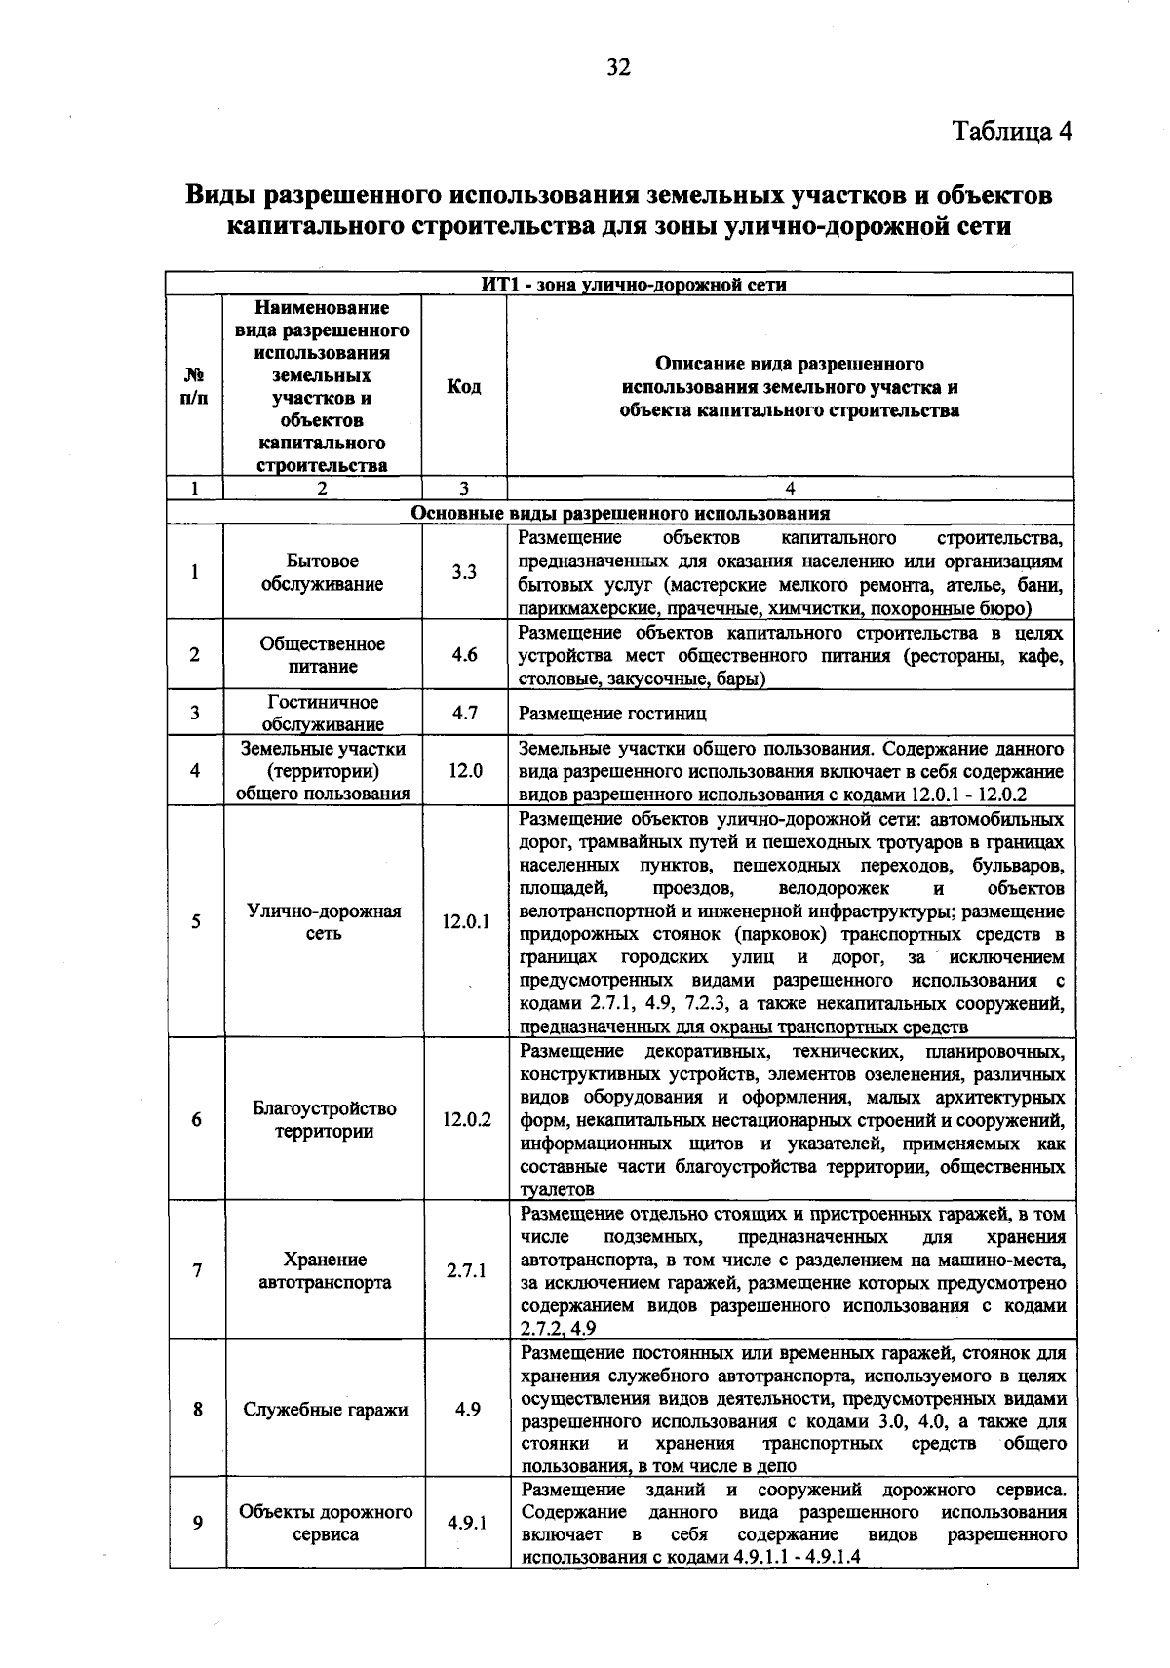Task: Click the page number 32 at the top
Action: tap(619, 67)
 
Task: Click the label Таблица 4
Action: tap(1012, 133)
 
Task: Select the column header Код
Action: tap(463, 387)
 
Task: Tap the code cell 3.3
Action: tap(463, 572)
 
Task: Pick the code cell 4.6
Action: tap(464, 655)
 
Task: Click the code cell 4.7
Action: tap(464, 713)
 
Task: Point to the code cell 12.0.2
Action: tap(466, 1119)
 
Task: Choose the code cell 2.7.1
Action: tap(466, 1270)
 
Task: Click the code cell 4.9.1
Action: tap(467, 1523)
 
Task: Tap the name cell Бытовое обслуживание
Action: tap(322, 572)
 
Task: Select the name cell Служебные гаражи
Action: tap(325, 1410)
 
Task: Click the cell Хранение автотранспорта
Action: tap(325, 1270)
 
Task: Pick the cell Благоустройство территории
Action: tap(324, 1119)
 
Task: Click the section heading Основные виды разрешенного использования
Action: tap(620, 514)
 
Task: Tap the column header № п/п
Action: tap(194, 387)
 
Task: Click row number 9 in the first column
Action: tap(197, 1523)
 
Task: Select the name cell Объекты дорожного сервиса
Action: tap(326, 1523)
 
